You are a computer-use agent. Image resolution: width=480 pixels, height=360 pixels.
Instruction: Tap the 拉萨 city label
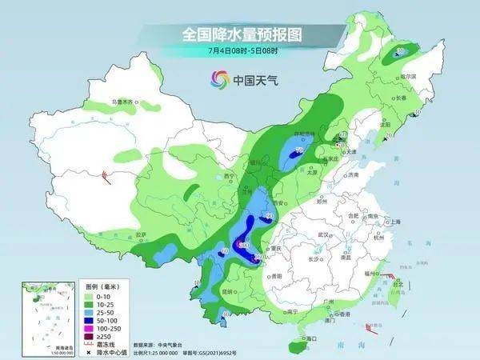point(142,234)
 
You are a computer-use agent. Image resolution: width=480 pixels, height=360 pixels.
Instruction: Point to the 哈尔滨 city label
point(410,76)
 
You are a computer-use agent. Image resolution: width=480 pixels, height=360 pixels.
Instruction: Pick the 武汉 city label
point(324,234)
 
